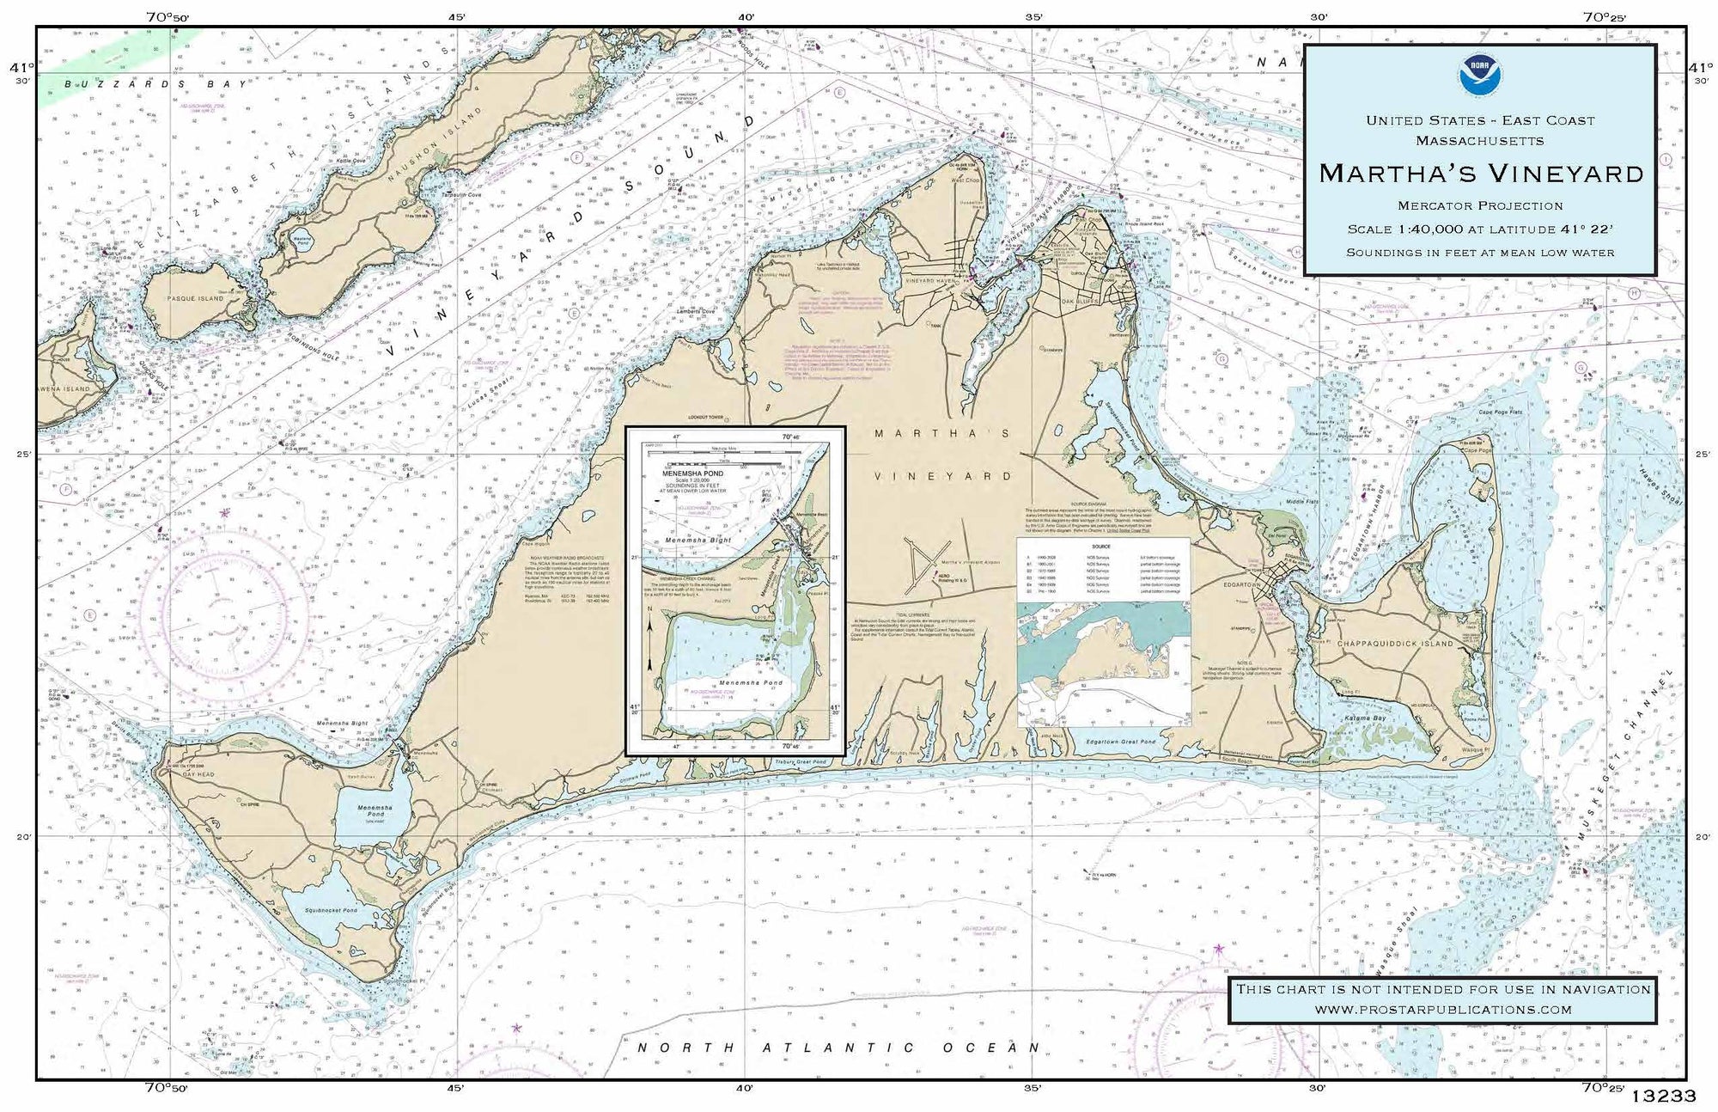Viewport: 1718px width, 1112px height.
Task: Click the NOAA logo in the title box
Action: coord(1480,76)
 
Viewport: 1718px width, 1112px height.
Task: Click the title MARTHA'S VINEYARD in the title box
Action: coord(1481,174)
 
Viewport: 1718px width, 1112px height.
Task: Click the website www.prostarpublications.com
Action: coord(1443,1009)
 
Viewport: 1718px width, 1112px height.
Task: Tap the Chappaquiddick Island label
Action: coord(1394,643)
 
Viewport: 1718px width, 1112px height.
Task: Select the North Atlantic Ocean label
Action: coord(838,1048)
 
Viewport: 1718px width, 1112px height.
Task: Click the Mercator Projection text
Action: coord(1480,205)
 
